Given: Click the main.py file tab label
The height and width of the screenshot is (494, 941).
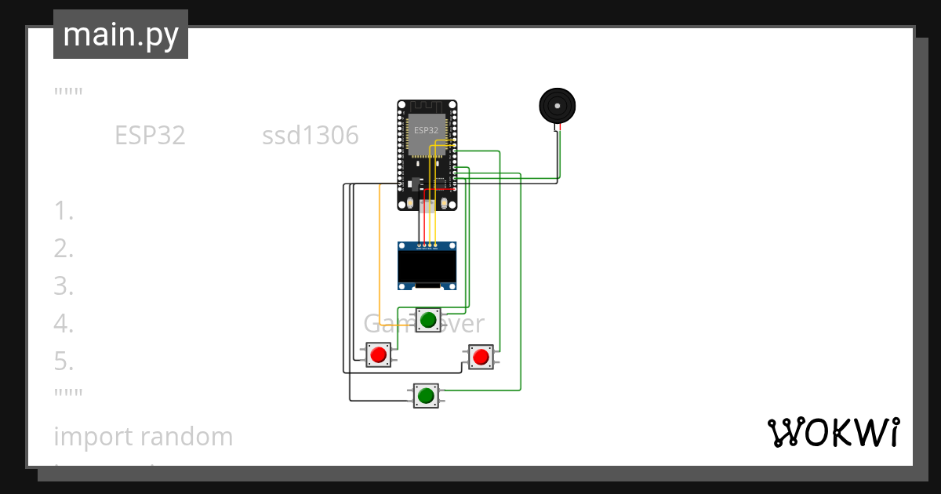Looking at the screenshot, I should click(121, 35).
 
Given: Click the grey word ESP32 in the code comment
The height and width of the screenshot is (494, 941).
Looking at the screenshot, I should click(150, 136).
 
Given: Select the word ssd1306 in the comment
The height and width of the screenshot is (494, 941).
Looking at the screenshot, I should click(311, 136).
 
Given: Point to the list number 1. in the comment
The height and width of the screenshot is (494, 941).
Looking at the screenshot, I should click(64, 211).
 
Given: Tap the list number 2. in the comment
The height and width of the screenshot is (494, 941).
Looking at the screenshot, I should click(64, 249).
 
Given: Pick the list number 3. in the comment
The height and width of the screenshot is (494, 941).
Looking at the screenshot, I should click(64, 286).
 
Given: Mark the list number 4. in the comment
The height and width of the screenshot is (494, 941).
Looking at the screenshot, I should click(64, 324).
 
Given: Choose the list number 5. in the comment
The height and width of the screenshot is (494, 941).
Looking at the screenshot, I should click(64, 361).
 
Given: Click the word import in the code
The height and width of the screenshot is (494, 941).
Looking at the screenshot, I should click(88, 437).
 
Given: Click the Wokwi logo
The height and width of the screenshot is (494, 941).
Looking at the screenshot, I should click(833, 432).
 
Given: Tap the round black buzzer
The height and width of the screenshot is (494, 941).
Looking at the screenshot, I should click(558, 105).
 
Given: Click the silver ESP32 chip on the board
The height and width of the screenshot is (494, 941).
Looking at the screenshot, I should click(427, 133).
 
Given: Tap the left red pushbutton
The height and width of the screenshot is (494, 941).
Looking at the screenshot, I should click(379, 354).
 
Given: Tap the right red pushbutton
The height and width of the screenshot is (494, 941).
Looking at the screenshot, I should click(481, 358).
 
